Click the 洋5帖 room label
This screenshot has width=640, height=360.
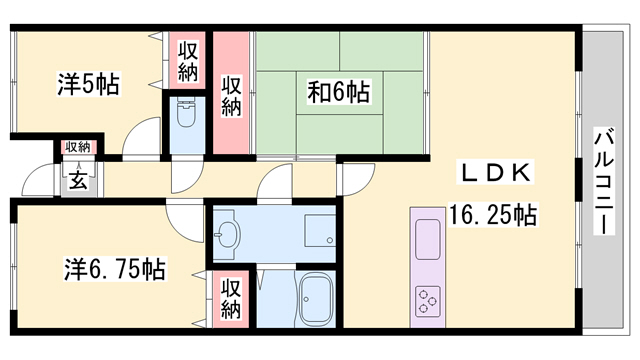[x=88, y=84]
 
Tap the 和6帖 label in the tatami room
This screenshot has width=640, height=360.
[x=339, y=92]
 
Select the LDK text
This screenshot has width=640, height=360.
[x=497, y=172]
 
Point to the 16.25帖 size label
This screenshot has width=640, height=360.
[x=493, y=214]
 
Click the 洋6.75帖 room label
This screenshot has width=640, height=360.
[x=115, y=269]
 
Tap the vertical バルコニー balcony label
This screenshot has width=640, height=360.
[x=603, y=181]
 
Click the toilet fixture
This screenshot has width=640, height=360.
[x=187, y=114]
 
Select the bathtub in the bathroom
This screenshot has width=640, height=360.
[x=316, y=298]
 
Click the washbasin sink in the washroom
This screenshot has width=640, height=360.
[x=227, y=234]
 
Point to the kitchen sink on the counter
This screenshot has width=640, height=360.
[x=428, y=240]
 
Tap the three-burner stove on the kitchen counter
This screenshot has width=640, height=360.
[x=428, y=301]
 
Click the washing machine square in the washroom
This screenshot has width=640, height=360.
[x=320, y=230]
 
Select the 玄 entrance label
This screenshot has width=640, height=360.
[x=78, y=180]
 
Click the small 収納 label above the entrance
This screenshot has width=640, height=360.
[x=78, y=147]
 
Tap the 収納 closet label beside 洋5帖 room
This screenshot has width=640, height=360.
[x=188, y=61]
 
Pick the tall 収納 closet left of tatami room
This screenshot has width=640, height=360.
[x=231, y=95]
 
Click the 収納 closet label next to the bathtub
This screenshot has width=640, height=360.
[x=231, y=298]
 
